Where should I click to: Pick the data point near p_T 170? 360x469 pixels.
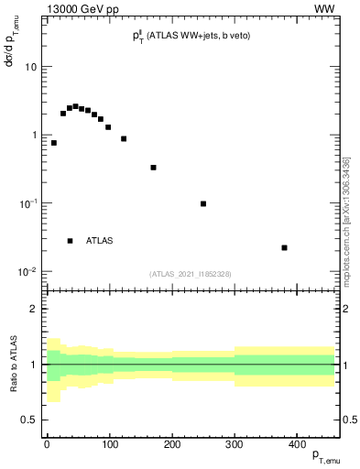tap(153, 168)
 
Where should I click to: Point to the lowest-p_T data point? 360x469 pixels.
tap(54, 143)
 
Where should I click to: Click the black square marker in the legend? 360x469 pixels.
tap(70, 241)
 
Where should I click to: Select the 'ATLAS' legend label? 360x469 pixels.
tap(101, 241)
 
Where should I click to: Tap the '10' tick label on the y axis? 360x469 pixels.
tap(30, 68)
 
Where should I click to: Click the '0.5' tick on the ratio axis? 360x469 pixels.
tap(30, 420)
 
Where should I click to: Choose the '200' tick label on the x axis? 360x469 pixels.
tap(171, 444)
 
